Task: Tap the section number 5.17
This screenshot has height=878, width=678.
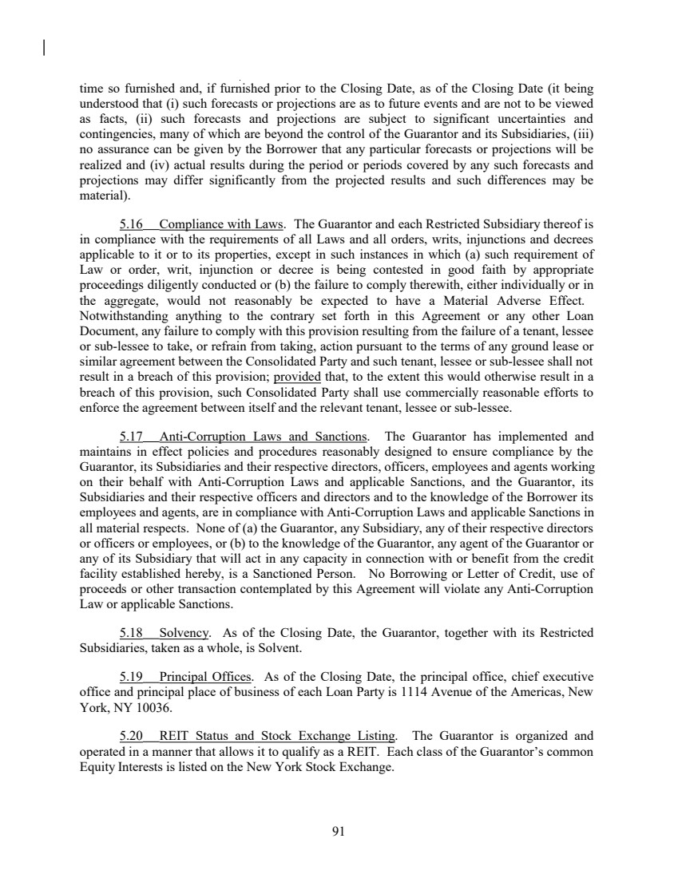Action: [x=129, y=437]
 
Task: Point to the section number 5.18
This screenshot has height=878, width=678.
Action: [x=129, y=633]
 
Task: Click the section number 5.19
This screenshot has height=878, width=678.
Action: [x=129, y=671]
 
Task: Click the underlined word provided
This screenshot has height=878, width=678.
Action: [x=297, y=376]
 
